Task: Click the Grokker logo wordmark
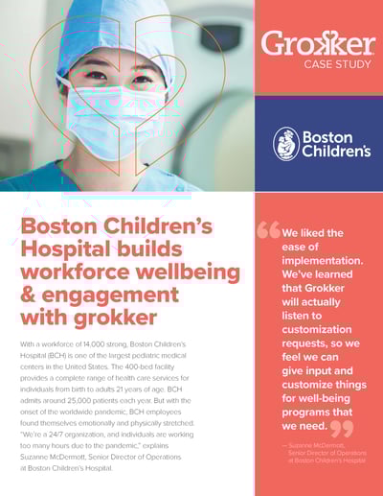pyautogui.click(x=318, y=44)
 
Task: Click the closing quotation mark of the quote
pyautogui.click(x=341, y=429)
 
